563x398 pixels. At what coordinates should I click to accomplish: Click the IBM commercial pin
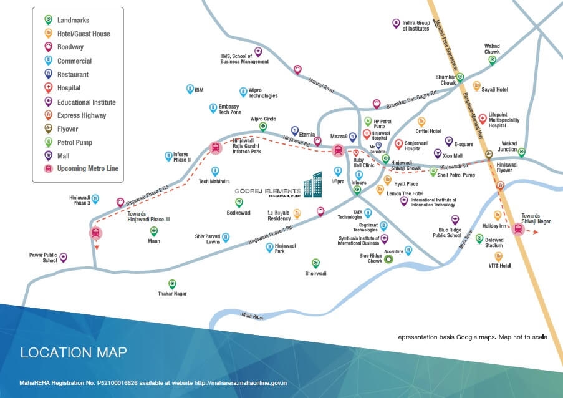pos(190,89)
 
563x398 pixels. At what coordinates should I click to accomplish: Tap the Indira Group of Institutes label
pos(416,26)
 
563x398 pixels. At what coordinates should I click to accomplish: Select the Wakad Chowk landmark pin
pos(493,60)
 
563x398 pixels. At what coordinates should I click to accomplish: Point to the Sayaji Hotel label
pos(494,89)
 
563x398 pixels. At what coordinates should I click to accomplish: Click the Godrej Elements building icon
pos(312,185)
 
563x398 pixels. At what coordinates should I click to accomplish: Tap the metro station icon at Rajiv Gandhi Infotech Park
pos(216,148)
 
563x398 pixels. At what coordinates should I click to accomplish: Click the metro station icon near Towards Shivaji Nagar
pos(517,229)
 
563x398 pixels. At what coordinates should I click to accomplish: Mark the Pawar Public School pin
pos(64,258)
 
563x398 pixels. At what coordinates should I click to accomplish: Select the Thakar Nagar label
pos(172,293)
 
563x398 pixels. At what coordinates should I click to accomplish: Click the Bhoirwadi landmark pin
pos(315,263)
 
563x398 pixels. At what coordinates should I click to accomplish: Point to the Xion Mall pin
pos(437,154)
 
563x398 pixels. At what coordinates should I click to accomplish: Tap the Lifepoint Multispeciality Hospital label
pos(504,120)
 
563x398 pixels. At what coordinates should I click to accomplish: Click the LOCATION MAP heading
pos(74,352)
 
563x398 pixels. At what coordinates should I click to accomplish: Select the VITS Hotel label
pos(499,266)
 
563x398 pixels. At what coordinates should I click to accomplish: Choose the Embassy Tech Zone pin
pos(213,108)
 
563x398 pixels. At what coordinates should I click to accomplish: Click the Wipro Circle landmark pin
pos(263,127)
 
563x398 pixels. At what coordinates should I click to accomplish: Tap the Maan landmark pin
pos(153,231)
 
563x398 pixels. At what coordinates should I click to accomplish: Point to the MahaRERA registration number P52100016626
pos(117,383)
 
